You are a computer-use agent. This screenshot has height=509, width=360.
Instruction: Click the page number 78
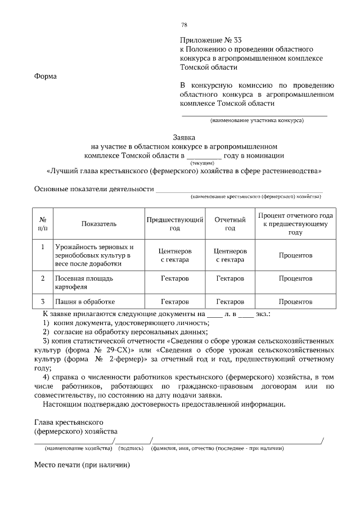pos(184,25)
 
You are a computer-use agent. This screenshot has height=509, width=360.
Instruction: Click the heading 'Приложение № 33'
pos(206,40)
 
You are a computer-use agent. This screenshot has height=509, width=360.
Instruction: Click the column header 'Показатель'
pos(98,224)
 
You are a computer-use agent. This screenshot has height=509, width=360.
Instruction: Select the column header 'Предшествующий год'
pos(174,224)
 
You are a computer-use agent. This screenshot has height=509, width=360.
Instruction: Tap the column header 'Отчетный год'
pos(230,224)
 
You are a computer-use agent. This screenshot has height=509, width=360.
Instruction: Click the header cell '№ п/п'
pos(43,224)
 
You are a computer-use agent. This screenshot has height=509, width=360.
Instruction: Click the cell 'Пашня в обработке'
pos(85,301)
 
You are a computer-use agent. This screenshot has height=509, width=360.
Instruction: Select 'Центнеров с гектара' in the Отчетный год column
pos(230,255)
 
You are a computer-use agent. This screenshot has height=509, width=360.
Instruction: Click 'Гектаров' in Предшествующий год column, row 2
pos(174,279)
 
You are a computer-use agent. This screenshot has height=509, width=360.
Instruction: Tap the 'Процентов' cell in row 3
pos(295,301)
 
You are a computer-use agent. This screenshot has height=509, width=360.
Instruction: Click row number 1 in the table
pos(43,247)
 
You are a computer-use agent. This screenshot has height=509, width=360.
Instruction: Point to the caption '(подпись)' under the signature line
pos(131,448)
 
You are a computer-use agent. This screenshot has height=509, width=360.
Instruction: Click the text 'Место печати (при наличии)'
pos(82,466)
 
